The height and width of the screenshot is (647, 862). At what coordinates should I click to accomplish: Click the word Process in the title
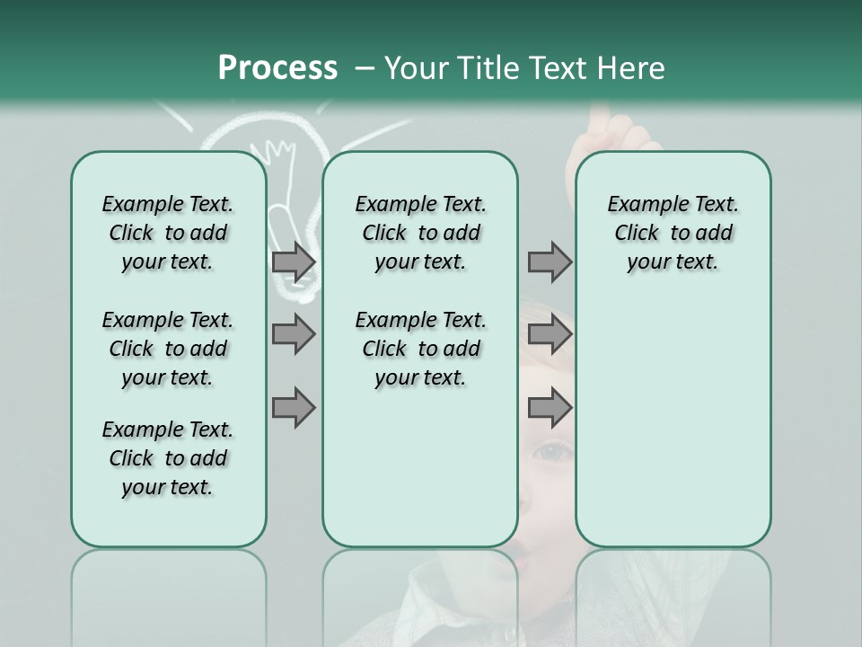(x=277, y=68)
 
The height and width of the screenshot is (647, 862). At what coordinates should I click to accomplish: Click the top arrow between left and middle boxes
(x=294, y=262)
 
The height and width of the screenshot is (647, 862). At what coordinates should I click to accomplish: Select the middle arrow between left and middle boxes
(x=294, y=334)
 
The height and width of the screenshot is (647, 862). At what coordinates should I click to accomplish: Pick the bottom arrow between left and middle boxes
(x=294, y=408)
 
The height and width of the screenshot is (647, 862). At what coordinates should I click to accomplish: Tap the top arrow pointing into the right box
(x=550, y=262)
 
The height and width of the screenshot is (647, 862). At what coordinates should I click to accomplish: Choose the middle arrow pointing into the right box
(x=550, y=334)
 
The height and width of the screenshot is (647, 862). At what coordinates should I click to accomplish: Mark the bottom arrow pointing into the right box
(x=550, y=408)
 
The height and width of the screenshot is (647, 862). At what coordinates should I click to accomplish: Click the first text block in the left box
(x=168, y=233)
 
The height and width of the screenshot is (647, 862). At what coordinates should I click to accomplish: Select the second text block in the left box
(x=168, y=349)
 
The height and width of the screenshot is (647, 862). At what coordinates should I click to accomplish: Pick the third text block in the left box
(x=168, y=458)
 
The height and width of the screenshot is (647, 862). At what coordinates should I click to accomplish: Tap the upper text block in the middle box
(x=420, y=233)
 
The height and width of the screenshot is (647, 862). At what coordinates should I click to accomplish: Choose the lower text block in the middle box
(x=420, y=349)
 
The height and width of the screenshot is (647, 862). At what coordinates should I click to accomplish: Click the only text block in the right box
(x=673, y=233)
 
